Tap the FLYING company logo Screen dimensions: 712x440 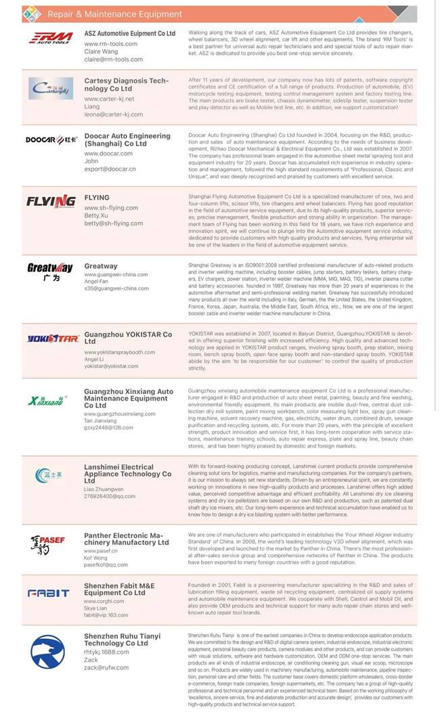coord(51,201)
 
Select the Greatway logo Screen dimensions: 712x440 coord(49,271)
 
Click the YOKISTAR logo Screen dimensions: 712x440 coord(53,338)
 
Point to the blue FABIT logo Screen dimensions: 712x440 coord(48,593)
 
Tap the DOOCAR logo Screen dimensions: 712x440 coord(50,139)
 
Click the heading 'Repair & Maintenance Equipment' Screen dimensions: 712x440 coord(114,14)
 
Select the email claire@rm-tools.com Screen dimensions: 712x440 coord(114,60)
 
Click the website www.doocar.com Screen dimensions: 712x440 coord(108,154)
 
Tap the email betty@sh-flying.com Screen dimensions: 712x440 coord(114,223)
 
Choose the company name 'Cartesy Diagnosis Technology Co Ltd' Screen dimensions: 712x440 coord(126,85)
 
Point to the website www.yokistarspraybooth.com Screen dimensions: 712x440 coord(120,353)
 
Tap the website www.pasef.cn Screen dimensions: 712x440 coord(100,551)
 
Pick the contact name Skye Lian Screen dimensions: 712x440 coord(99,607)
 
